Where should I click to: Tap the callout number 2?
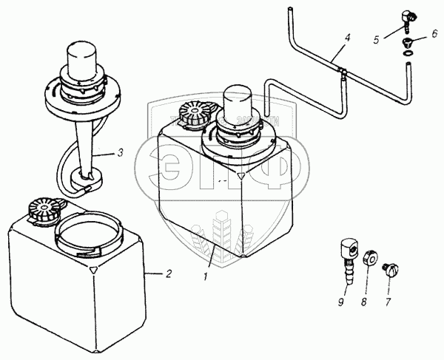click(169, 274)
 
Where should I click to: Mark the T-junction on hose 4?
click(342, 71)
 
